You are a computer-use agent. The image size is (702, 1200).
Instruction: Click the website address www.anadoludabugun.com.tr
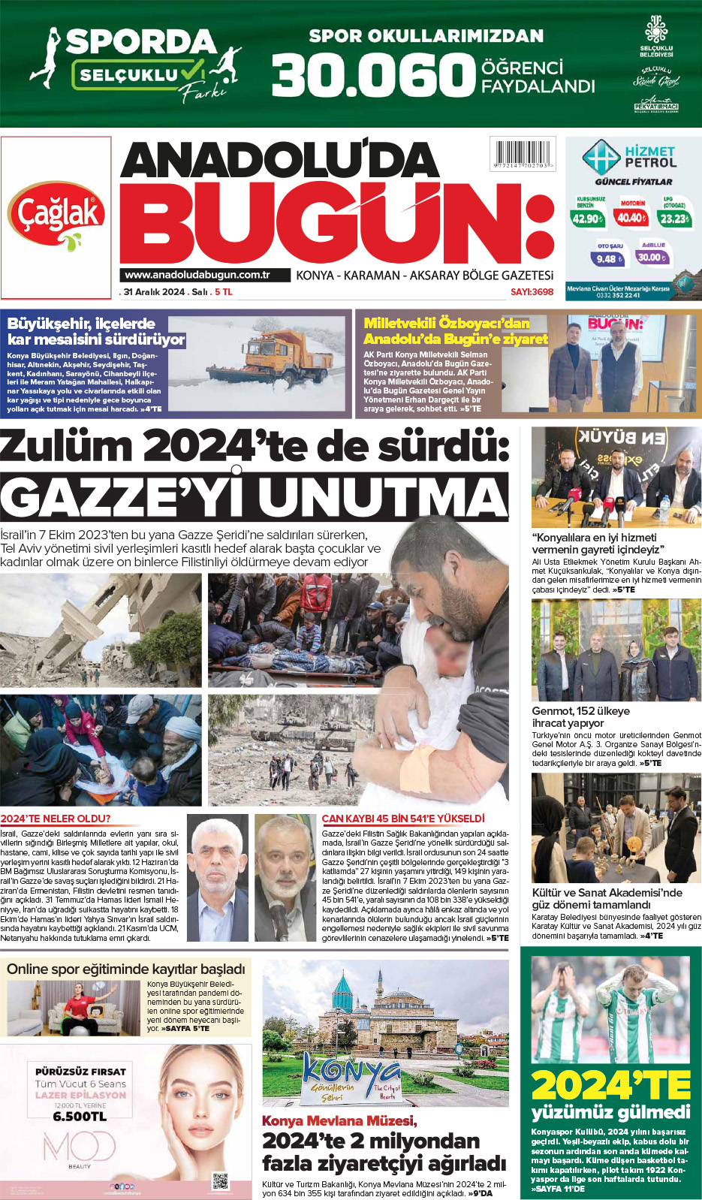tap(197, 276)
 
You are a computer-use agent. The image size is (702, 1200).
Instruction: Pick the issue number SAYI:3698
tap(532, 291)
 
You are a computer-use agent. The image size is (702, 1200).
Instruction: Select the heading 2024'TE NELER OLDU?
tap(56, 819)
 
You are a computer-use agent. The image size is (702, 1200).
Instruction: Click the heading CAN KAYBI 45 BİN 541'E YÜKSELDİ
tap(403, 819)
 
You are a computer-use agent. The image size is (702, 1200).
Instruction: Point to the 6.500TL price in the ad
tap(80, 1117)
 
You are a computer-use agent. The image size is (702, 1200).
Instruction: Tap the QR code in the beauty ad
tap(220, 1181)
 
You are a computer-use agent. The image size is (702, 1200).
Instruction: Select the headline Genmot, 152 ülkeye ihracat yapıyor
tap(581, 716)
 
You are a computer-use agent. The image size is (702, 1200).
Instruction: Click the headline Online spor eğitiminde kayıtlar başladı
tap(126, 969)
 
